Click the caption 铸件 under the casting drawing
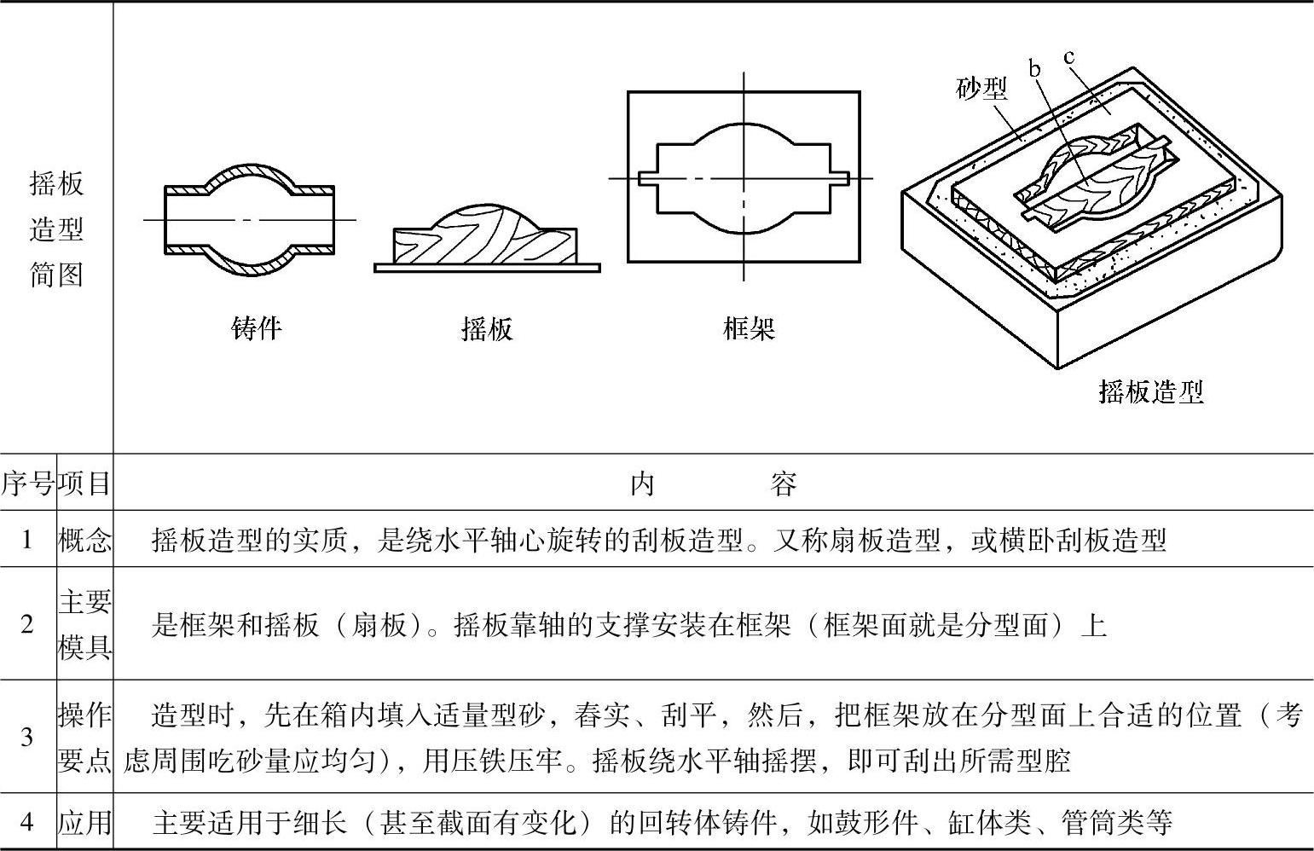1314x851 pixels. click(x=256, y=328)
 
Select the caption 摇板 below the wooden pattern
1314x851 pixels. click(x=487, y=328)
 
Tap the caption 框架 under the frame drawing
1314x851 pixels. click(x=749, y=328)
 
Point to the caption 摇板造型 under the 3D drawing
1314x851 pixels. click(x=1150, y=391)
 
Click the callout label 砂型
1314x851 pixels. click(x=981, y=88)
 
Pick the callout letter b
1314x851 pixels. click(x=1035, y=68)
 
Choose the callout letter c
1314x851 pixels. click(x=1069, y=57)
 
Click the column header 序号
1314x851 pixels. click(x=27, y=483)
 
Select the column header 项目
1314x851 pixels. click(x=84, y=483)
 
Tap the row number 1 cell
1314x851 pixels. click(x=27, y=539)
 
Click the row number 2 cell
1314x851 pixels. click(x=27, y=624)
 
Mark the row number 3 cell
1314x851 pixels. click(x=27, y=737)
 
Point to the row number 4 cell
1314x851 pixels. click(x=27, y=822)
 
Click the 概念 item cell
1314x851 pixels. click(x=84, y=539)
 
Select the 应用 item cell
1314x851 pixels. click(x=84, y=822)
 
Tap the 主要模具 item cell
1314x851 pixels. click(x=84, y=624)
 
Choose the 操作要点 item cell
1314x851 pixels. click(x=84, y=737)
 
